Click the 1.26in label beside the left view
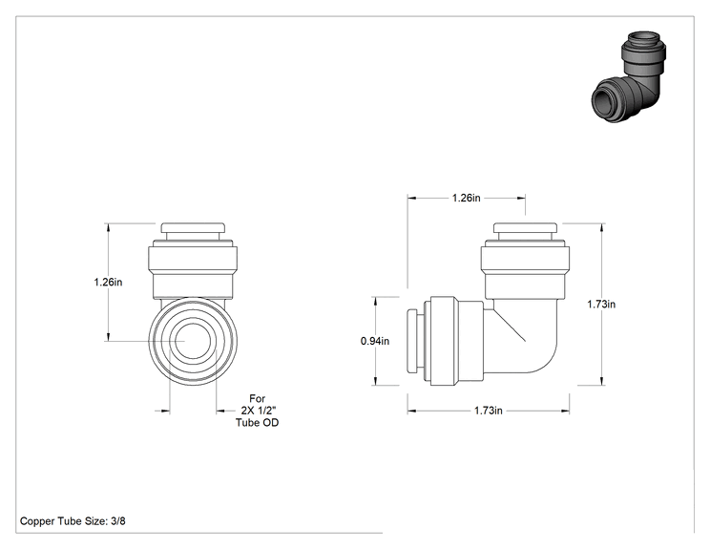[108, 282]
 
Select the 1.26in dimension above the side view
[466, 198]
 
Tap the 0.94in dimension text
[375, 341]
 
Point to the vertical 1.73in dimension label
[601, 305]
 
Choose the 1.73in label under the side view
[489, 411]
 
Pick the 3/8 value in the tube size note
[118, 521]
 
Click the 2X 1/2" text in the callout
[259, 411]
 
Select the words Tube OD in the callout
[258, 423]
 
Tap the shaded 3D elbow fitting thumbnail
[630, 77]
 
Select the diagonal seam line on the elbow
[509, 325]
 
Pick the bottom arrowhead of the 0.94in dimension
[375, 381]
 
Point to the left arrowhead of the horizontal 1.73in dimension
[411, 411]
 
